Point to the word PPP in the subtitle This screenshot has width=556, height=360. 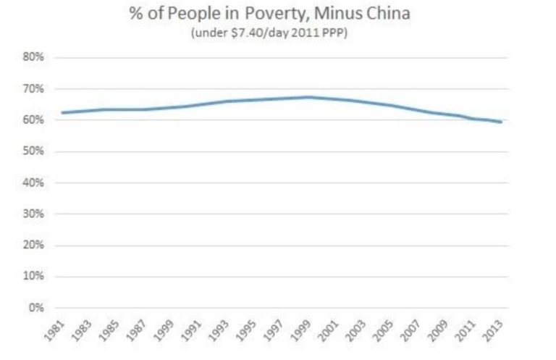pos(335,33)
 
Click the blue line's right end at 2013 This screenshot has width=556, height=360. pos(502,122)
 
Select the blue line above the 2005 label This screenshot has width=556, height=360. pos(392,106)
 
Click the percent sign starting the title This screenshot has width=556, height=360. pos(136,15)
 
